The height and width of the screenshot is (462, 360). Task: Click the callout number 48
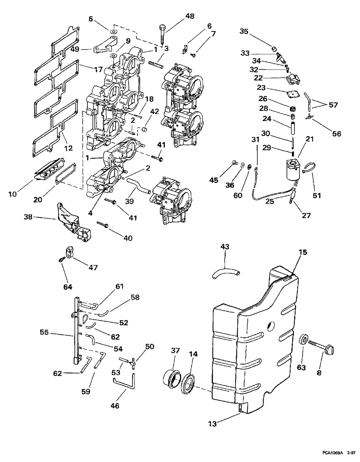click(190, 16)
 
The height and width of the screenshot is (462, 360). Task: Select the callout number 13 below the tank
click(212, 430)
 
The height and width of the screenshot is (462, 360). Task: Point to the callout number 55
click(44, 332)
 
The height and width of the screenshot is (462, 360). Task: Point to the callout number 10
click(13, 194)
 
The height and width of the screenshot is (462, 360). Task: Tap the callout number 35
click(244, 31)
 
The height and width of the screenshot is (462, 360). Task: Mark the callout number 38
click(28, 217)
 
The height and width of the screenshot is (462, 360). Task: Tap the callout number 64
click(68, 287)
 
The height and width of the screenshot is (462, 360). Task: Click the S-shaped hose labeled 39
click(139, 186)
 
